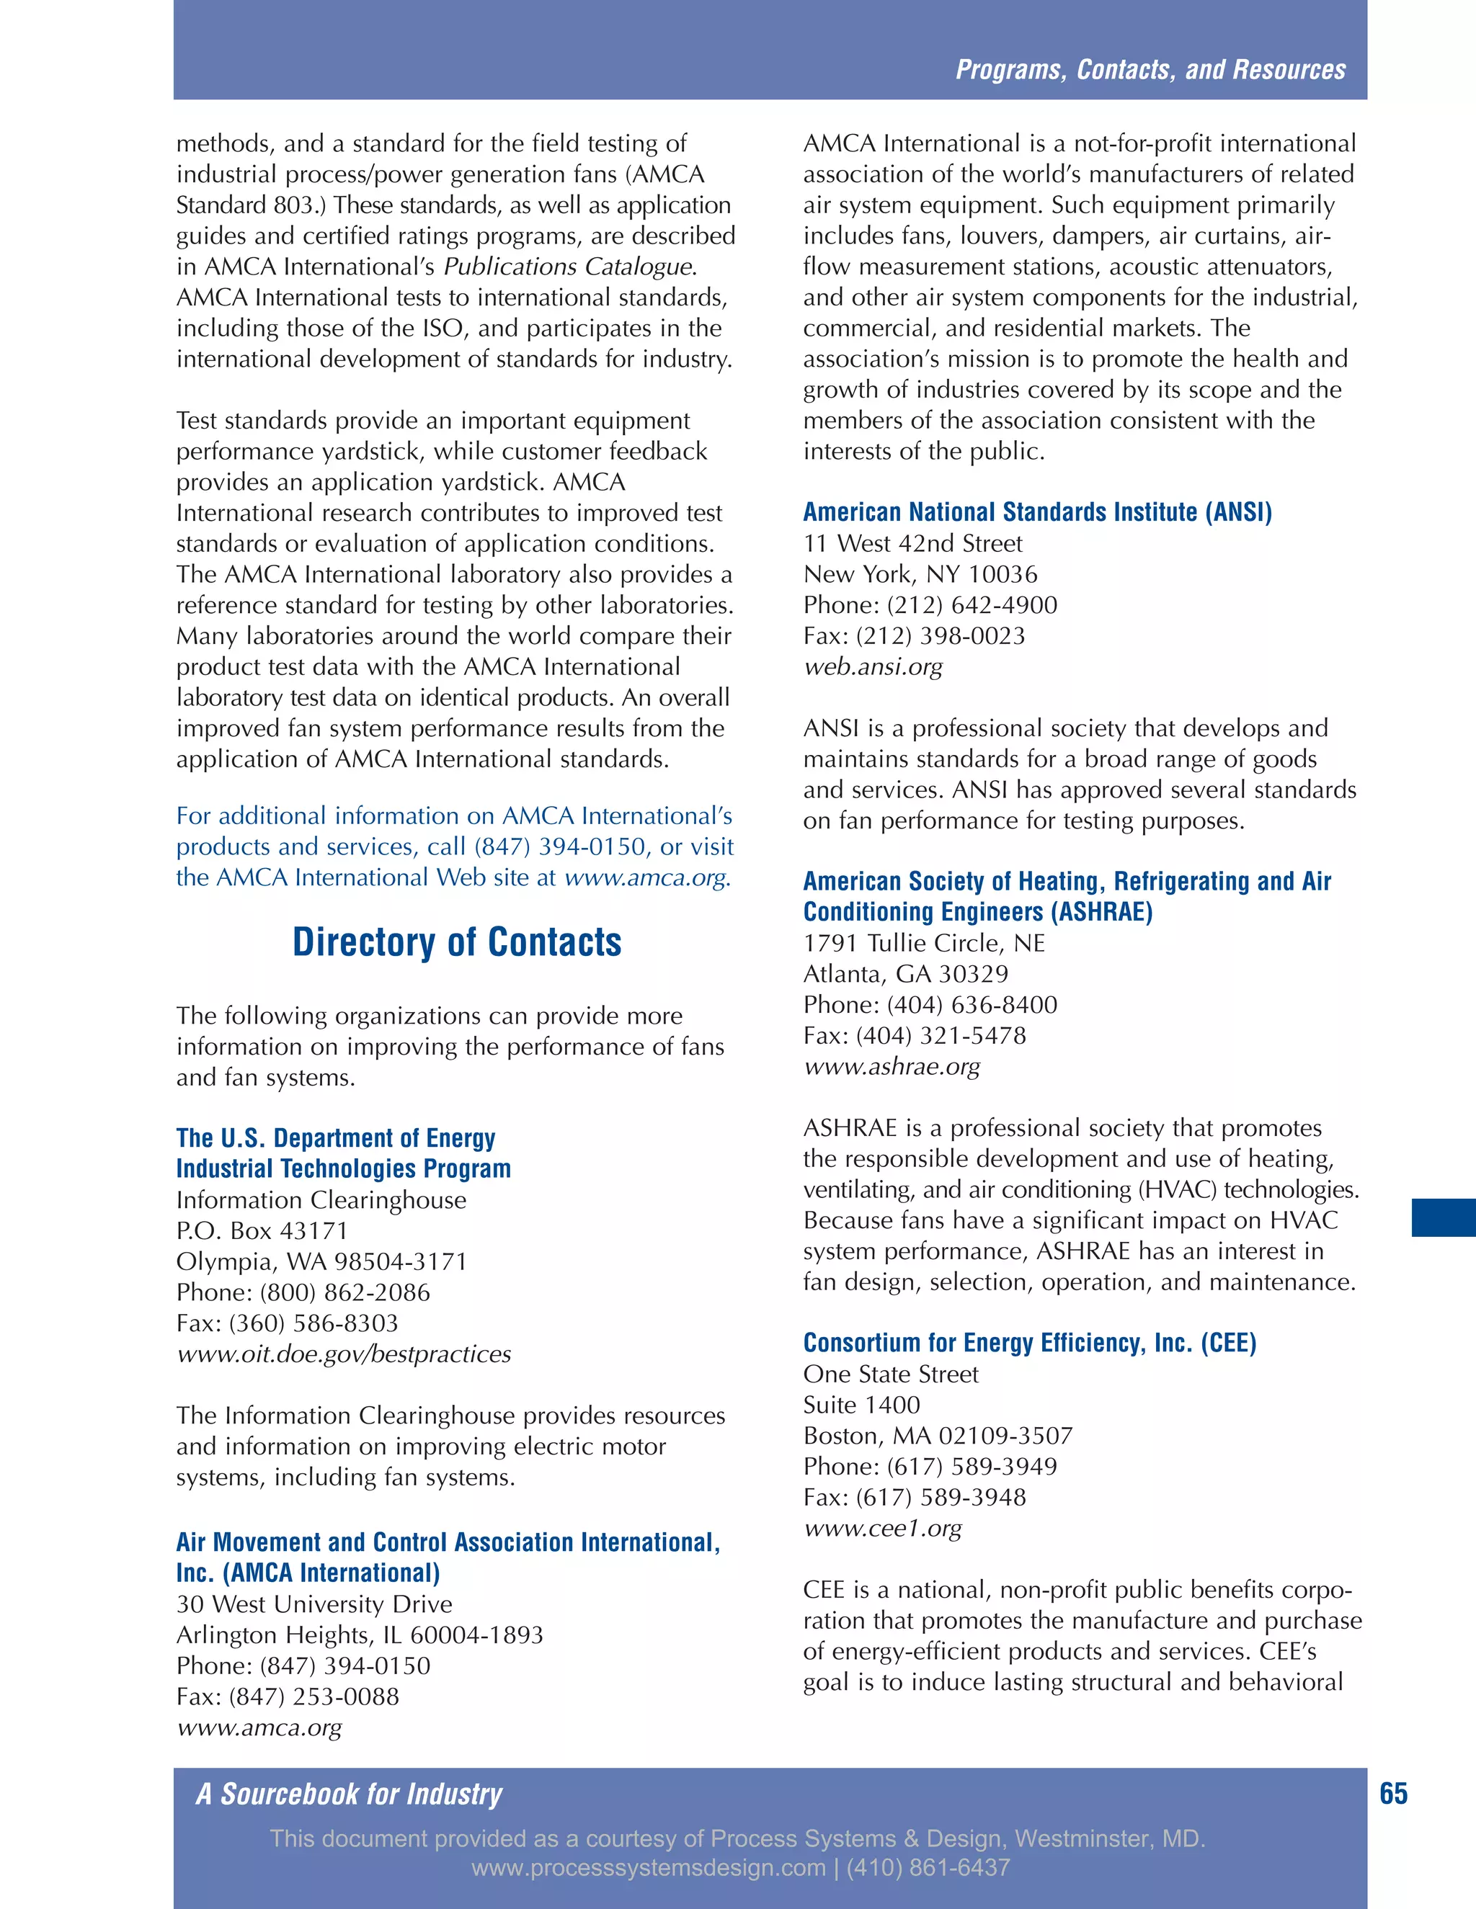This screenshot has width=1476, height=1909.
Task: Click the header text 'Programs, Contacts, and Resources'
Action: tap(1150, 70)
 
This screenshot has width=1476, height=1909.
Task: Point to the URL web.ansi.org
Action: tap(873, 667)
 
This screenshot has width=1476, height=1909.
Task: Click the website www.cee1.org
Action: tap(881, 1528)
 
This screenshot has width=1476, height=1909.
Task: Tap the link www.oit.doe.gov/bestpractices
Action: tap(344, 1354)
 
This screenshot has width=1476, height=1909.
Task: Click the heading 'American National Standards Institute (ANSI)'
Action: tap(1037, 512)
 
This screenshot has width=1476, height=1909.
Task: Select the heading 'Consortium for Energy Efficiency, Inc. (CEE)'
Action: tap(1029, 1343)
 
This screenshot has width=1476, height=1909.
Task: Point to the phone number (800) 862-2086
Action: tap(344, 1293)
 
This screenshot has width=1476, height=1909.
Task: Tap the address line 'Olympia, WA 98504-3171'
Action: tap(321, 1261)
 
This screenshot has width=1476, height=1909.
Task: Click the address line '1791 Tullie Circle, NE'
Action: tap(924, 943)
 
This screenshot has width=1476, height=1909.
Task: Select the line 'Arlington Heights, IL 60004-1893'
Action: tap(360, 1635)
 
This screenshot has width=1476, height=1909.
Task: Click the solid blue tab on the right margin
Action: tap(1443, 1217)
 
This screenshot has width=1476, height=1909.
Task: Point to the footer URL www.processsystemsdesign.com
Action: tap(648, 1868)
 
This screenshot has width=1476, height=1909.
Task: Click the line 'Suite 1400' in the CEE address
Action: tap(861, 1405)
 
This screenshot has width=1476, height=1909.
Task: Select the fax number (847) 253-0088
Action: tap(314, 1696)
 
